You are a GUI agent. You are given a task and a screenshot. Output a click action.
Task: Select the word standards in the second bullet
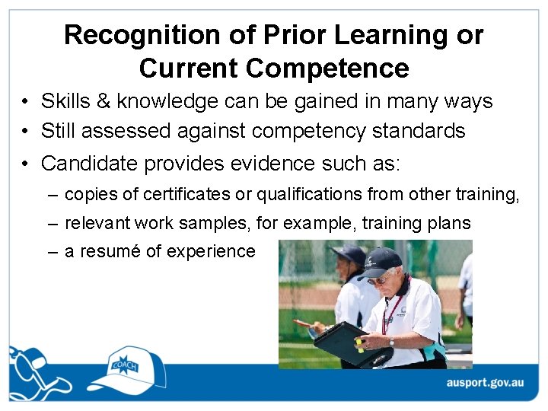pos(419,131)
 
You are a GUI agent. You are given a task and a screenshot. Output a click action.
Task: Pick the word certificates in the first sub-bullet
pos(186,195)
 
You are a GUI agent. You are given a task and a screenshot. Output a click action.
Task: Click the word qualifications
pos(308,195)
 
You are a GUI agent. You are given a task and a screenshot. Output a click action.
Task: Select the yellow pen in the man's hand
pos(358,345)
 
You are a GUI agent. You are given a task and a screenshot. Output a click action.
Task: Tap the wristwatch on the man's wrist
pos(392,342)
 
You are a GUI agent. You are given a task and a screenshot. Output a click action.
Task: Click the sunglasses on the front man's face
pos(379,279)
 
